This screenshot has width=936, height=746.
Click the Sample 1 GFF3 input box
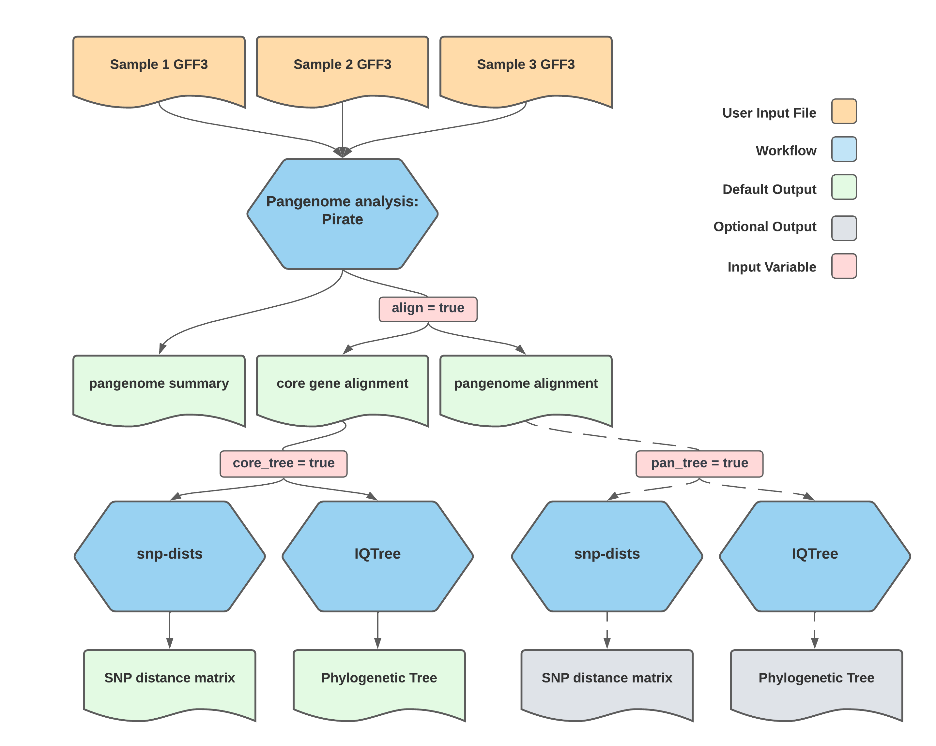(159, 69)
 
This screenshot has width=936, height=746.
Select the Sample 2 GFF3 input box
(342, 69)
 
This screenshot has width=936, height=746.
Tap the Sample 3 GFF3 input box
(526, 69)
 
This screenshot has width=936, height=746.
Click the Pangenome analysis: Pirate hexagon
(342, 213)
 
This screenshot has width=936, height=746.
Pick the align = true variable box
(428, 309)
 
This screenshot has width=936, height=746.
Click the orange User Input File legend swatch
(844, 111)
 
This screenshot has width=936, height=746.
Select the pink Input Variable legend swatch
(844, 266)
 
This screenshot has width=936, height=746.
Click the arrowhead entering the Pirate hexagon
(342, 152)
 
